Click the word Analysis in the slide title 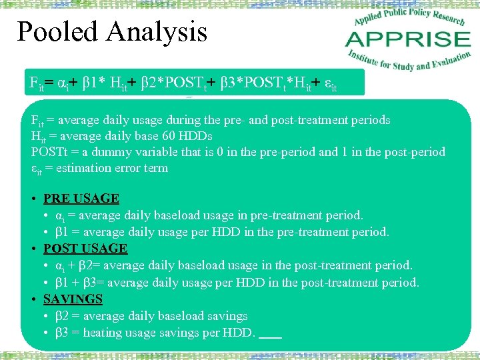click(160, 33)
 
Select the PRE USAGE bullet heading click(81, 199)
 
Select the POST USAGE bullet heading click(85, 249)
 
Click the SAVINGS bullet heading click(73, 299)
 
